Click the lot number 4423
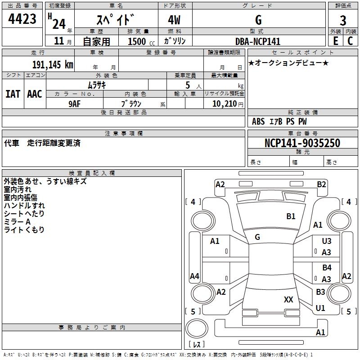22,20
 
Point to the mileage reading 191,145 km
52,64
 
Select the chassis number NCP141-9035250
302,144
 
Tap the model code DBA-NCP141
258,41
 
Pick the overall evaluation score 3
343,20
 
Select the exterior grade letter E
335,41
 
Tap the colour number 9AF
75,103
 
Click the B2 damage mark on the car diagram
321,184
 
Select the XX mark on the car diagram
288,299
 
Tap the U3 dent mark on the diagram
327,242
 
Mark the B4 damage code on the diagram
327,268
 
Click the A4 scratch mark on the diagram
194,276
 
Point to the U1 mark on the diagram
320,308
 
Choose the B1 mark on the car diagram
291,216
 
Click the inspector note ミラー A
17,222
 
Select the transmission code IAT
13,94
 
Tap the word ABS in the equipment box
258,121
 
